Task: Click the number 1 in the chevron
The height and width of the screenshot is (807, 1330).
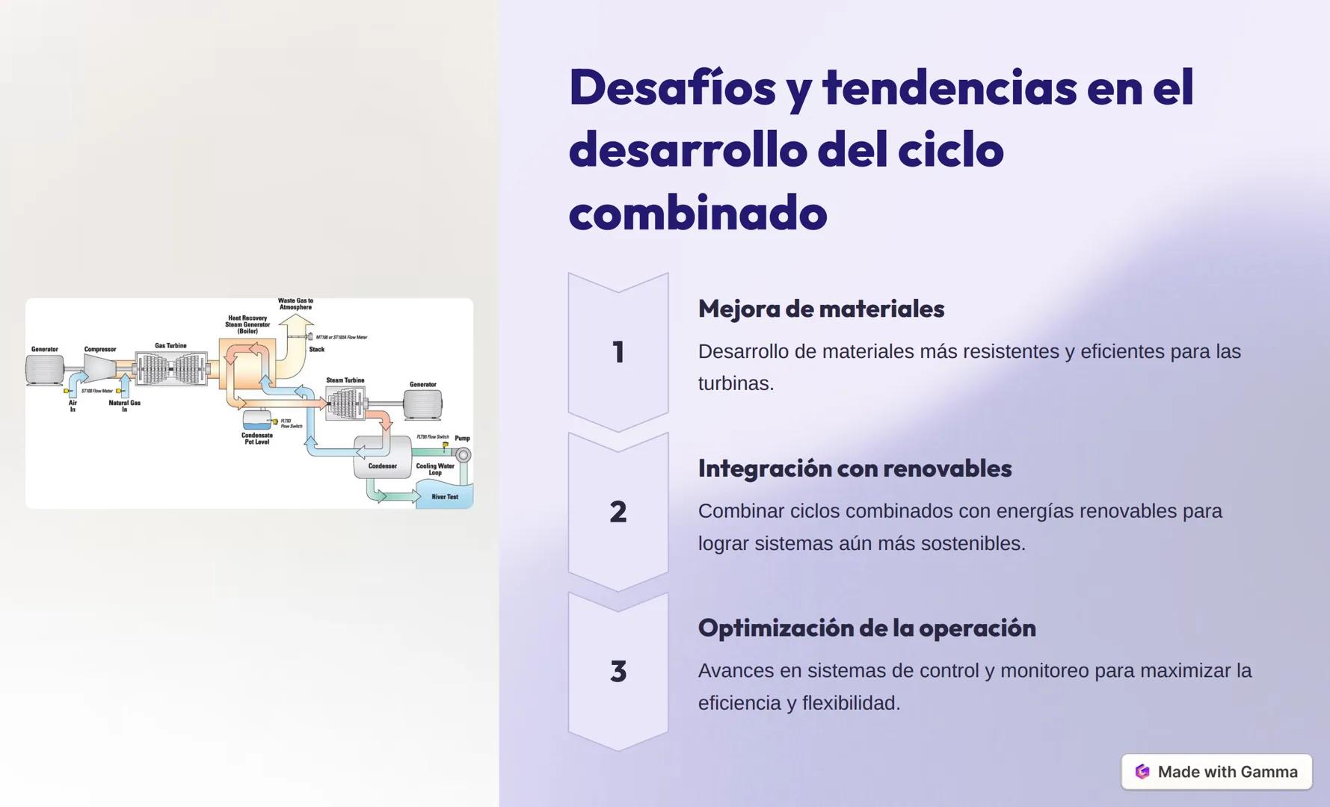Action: [618, 352]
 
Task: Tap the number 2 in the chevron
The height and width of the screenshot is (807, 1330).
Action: [618, 512]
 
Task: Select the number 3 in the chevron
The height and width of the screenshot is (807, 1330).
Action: [618, 671]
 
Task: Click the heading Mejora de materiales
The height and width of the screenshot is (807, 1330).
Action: [821, 309]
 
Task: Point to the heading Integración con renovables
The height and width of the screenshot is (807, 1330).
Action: [855, 469]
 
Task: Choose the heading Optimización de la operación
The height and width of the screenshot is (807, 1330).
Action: [866, 628]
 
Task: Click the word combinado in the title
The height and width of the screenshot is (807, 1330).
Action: [698, 213]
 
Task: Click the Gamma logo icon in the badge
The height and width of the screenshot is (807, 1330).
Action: [1142, 772]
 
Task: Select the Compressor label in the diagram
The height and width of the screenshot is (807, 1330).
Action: [100, 349]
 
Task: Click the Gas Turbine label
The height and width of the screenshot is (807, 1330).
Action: [170, 345]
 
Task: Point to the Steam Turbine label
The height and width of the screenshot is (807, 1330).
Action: [345, 380]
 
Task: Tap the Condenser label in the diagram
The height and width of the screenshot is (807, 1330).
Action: [382, 466]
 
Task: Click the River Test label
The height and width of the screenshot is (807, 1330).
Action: [445, 497]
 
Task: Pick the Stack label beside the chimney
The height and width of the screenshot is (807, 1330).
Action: [317, 349]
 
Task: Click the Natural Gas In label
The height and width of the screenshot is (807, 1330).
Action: [124, 406]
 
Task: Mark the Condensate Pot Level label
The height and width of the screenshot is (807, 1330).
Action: [257, 439]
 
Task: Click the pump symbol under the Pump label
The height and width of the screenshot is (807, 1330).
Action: [464, 454]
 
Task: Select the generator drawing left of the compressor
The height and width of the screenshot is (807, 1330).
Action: [45, 369]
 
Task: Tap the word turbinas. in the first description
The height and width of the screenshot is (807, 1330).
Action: [736, 383]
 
